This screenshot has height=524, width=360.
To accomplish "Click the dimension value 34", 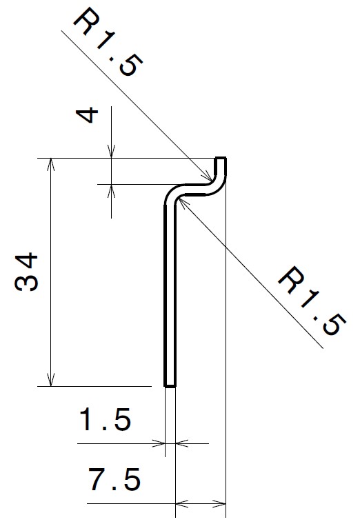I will [x=28, y=272].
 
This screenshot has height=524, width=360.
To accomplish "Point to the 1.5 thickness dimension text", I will [x=105, y=419].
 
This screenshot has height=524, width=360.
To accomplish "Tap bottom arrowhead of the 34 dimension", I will [x=50, y=383].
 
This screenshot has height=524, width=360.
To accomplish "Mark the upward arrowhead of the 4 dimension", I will [x=110, y=188].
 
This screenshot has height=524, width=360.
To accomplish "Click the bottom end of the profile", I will [x=170, y=385].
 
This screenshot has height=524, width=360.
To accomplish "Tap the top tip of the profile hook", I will [x=221, y=159].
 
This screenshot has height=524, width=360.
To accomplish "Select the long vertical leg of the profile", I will [x=170, y=290].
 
